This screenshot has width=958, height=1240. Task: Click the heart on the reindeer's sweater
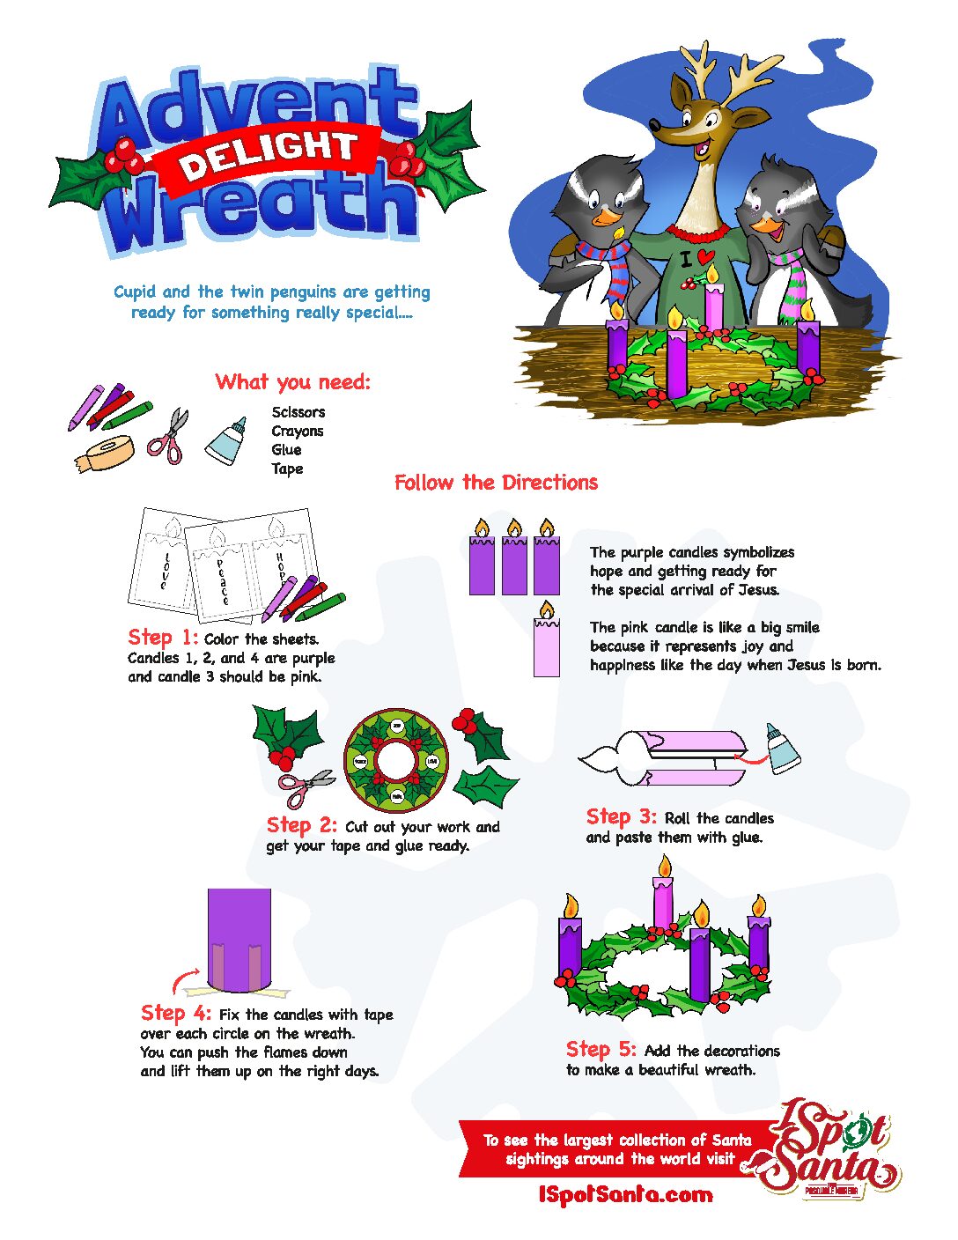(705, 256)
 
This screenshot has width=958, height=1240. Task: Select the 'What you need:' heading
(292, 381)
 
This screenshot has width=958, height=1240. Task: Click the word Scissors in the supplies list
(298, 412)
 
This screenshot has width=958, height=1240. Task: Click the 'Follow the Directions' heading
(496, 483)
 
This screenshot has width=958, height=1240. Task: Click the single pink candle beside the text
(546, 645)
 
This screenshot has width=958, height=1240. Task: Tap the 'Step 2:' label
(301, 825)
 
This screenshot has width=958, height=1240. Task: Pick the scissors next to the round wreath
(305, 786)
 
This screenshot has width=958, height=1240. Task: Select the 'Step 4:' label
(175, 1013)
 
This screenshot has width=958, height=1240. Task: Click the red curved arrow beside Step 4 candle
(185, 979)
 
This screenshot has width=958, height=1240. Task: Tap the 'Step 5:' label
(601, 1049)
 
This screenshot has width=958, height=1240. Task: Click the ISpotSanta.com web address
(625, 1195)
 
